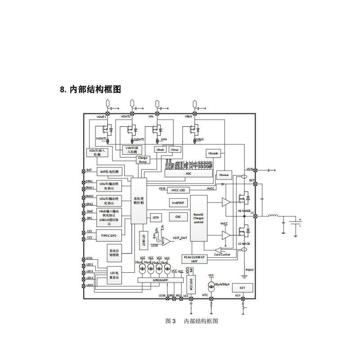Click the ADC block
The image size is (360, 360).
point(188,173)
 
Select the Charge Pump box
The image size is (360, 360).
point(143,160)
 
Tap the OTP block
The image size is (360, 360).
point(156,217)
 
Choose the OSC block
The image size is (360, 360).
point(178,216)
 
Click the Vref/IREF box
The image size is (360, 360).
point(178,203)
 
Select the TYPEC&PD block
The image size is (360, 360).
point(108,235)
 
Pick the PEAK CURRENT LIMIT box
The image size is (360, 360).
point(194,259)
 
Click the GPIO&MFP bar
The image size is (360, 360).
point(160,280)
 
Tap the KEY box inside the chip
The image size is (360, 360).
point(243,288)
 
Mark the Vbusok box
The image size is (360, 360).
point(213,153)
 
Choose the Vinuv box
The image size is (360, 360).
point(175,149)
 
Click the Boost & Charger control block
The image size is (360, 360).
point(198,218)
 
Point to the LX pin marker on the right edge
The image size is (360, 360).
point(255,216)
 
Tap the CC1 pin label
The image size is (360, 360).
point(90,231)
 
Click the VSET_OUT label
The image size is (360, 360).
point(180,238)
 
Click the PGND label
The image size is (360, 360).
point(250,270)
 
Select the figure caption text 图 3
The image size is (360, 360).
point(171,321)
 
